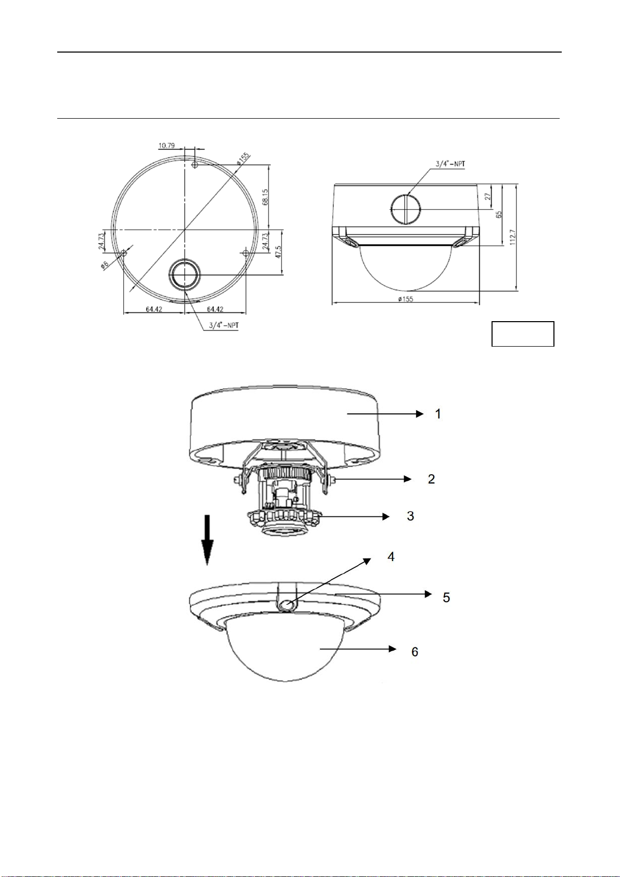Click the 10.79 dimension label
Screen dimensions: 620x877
[x=166, y=146]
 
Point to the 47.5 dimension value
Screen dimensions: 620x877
[x=278, y=252]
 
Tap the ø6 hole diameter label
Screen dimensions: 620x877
[x=105, y=265]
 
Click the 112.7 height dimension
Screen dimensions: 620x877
[x=513, y=237]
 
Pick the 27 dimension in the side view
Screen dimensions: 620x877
[x=488, y=196]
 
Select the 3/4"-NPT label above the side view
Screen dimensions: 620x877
[x=450, y=163]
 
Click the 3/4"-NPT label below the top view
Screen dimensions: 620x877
[x=224, y=325]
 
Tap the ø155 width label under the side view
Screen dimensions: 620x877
[x=406, y=299]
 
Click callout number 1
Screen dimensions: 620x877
[x=438, y=414]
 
